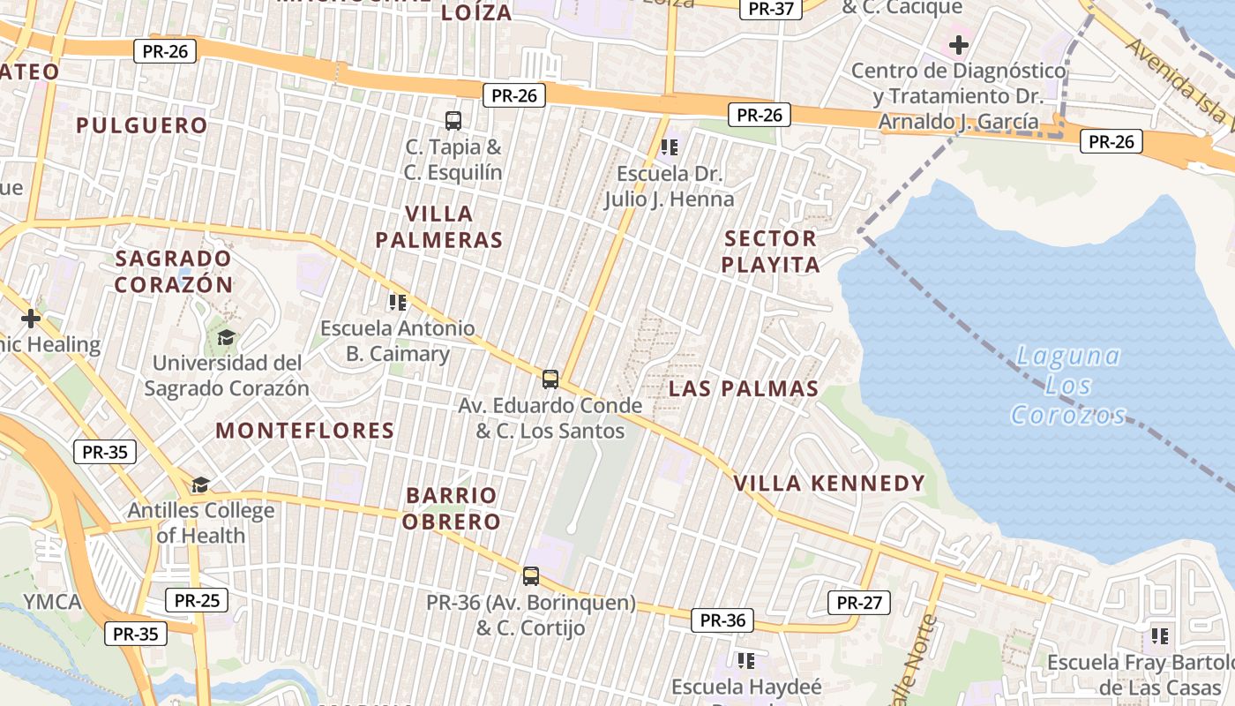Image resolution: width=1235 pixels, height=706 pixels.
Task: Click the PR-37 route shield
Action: coord(772,9)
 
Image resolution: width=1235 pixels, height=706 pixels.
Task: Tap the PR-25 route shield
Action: coord(197,601)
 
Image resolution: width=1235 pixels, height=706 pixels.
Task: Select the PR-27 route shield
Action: coord(859,603)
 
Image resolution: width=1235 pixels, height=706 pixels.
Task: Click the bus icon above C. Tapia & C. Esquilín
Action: coord(453,121)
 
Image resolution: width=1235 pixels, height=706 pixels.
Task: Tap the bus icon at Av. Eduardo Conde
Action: coord(550,379)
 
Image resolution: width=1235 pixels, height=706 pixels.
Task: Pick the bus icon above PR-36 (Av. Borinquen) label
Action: coord(531,576)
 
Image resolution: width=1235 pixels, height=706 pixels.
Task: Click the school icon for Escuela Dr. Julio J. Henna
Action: coord(670,146)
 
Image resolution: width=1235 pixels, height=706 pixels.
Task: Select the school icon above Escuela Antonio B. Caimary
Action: coord(398,303)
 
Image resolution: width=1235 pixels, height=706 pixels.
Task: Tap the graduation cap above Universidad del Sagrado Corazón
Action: coord(227,337)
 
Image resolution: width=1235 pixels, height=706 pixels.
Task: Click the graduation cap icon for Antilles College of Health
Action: coord(201,484)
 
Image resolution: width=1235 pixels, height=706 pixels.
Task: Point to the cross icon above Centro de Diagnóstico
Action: coord(959,44)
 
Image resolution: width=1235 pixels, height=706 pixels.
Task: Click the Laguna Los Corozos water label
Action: coord(1068,386)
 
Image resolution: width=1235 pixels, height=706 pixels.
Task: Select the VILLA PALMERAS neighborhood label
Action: coord(439,227)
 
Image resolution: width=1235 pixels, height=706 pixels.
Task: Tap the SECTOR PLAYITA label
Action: coord(771,252)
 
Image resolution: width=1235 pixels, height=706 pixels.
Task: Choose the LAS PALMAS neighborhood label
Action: coord(744,388)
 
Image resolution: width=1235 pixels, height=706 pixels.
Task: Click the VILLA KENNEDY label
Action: coord(829,483)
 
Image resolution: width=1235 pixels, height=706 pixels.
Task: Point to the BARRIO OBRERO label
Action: coord(453,508)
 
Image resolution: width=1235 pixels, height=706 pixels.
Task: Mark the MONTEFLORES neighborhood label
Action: coord(305,431)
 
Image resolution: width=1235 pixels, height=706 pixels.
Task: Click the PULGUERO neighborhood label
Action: coord(142,125)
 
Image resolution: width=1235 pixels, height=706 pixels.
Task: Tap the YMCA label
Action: coord(52,602)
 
